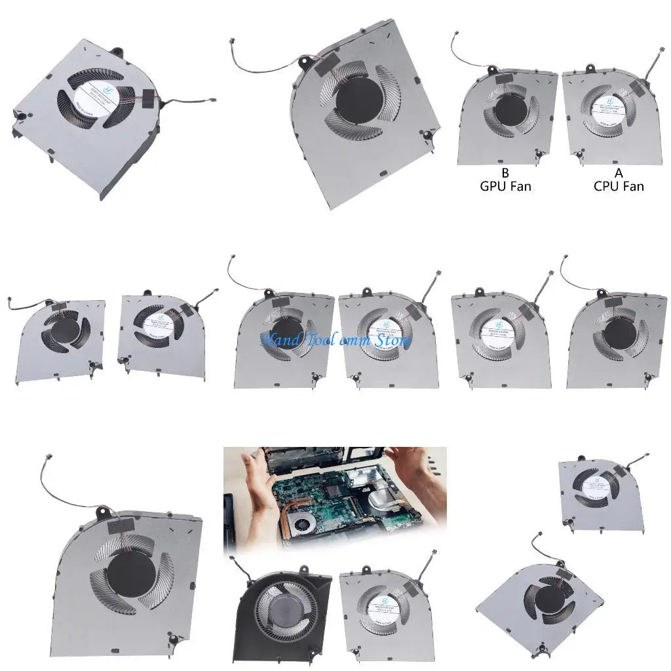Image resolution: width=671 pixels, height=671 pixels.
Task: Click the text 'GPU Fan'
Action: coord(505,186)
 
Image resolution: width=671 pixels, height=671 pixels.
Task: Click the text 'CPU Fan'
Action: coord(619,186)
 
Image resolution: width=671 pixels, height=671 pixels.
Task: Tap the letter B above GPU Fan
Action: coord(505,173)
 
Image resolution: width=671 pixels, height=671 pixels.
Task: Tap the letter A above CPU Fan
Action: coord(619,173)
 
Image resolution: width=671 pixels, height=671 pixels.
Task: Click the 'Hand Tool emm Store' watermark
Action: coord(336,340)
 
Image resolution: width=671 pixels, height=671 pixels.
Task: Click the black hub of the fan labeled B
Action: coord(510,109)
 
